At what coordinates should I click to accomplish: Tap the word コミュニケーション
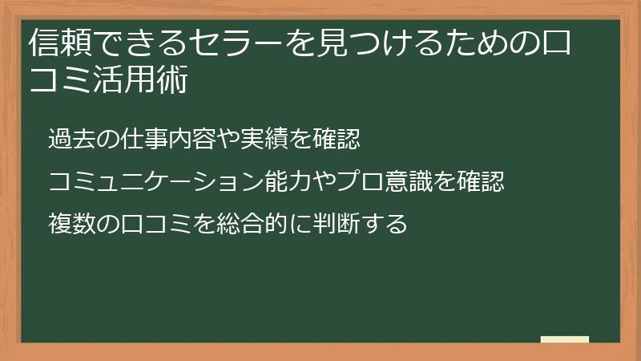pos(155,182)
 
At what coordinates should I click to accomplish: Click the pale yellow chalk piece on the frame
pos(565,339)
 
